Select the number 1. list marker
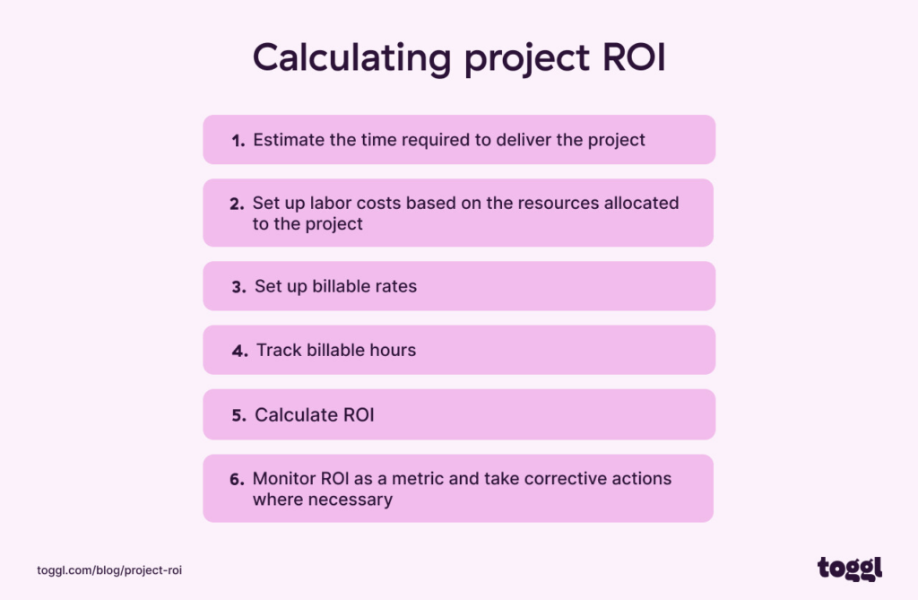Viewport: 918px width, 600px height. pos(238,141)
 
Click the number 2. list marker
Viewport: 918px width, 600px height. pos(237,204)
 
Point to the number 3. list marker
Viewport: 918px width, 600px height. pos(238,288)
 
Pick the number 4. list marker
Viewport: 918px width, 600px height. pos(239,352)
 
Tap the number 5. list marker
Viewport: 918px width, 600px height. pos(238,416)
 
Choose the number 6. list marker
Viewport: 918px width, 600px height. pos(237,480)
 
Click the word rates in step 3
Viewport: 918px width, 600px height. pos(395,287)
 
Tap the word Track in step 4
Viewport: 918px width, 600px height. pos(279,351)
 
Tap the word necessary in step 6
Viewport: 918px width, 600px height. pos(350,500)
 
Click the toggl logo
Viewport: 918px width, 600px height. pos(849,568)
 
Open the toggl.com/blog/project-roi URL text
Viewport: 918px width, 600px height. pos(110,570)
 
